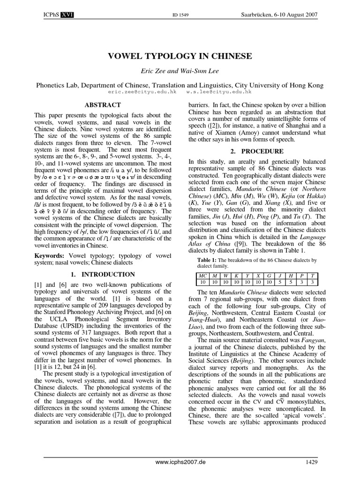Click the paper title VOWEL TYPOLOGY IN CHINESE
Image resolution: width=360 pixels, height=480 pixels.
click(x=180, y=56)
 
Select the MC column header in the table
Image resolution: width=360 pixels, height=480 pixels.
click(x=202, y=276)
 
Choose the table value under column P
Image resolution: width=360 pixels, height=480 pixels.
click(x=302, y=282)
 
